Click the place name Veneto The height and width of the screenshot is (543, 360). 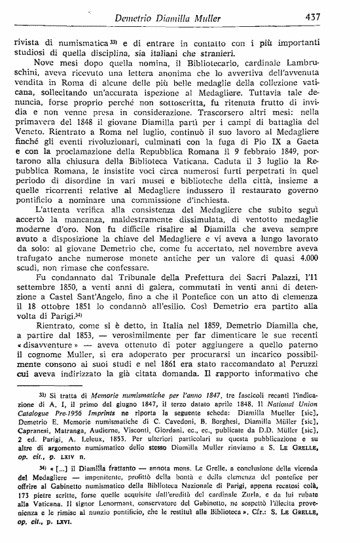click(x=29, y=137)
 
